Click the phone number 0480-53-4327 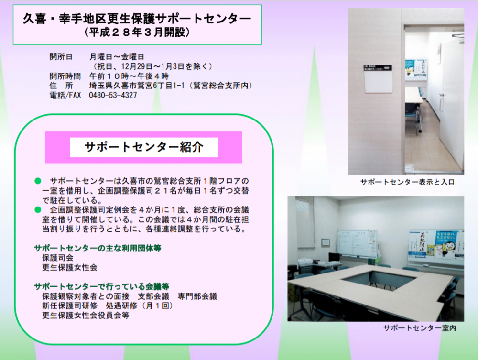(x=113, y=96)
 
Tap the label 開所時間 (x=65, y=76)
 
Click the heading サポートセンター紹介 (x=144, y=147)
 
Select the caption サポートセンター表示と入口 (x=407, y=182)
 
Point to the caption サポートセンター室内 (x=420, y=328)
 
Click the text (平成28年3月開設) (x=137, y=33)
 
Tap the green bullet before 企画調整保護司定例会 (x=38, y=210)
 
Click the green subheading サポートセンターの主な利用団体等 (x=98, y=248)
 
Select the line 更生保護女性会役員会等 (x=86, y=315)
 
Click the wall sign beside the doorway (x=378, y=78)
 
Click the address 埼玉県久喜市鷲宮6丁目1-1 (x=137, y=86)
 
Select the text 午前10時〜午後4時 (x=129, y=76)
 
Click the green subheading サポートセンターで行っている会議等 (x=101, y=286)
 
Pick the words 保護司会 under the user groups (x=58, y=258)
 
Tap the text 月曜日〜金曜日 (x=117, y=57)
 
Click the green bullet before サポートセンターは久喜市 (x=38, y=181)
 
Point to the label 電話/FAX (x=65, y=96)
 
